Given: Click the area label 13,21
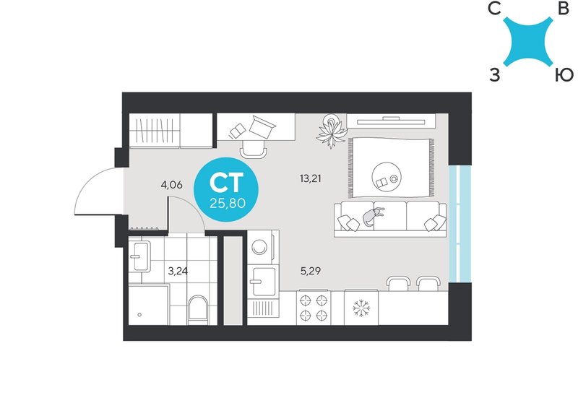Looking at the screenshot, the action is [x=311, y=179].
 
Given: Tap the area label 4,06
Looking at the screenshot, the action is [x=171, y=185].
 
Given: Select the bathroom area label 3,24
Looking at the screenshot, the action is [x=178, y=272].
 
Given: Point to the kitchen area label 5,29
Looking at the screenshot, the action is [x=311, y=272].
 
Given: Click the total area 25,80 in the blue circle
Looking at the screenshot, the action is [x=228, y=203].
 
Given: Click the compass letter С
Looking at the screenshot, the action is [x=494, y=9].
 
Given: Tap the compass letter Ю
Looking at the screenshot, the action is [x=564, y=75].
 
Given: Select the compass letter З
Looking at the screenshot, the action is [x=495, y=75].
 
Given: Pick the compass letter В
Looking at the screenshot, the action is [x=564, y=9].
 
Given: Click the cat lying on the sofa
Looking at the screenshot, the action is [x=372, y=216].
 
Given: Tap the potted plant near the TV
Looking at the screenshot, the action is [x=332, y=131].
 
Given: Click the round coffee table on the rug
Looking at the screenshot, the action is [x=387, y=177].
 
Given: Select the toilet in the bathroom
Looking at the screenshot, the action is [x=197, y=310].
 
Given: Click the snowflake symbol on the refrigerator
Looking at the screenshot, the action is [x=361, y=308].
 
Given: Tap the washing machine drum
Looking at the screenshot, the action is [x=259, y=247].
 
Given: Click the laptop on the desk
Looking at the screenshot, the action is [x=262, y=126].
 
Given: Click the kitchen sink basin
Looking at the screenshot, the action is [x=264, y=281].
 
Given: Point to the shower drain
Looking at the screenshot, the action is [x=139, y=315].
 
